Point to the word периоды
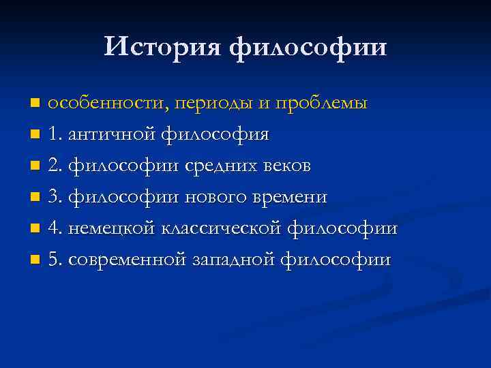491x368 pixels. click(x=217, y=104)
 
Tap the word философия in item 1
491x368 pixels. click(x=215, y=135)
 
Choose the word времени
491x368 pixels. click(x=290, y=198)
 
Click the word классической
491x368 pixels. click(x=222, y=229)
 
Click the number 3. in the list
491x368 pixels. click(x=57, y=197)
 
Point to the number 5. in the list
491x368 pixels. click(x=57, y=260)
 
